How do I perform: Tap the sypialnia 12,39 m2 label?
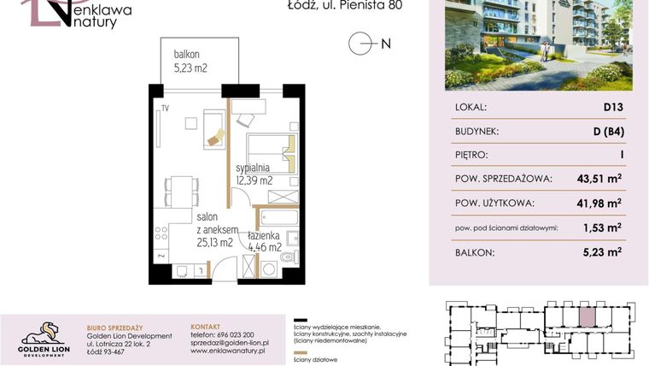[254, 174]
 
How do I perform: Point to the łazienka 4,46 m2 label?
[265, 241]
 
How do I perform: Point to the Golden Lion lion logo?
[40, 332]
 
